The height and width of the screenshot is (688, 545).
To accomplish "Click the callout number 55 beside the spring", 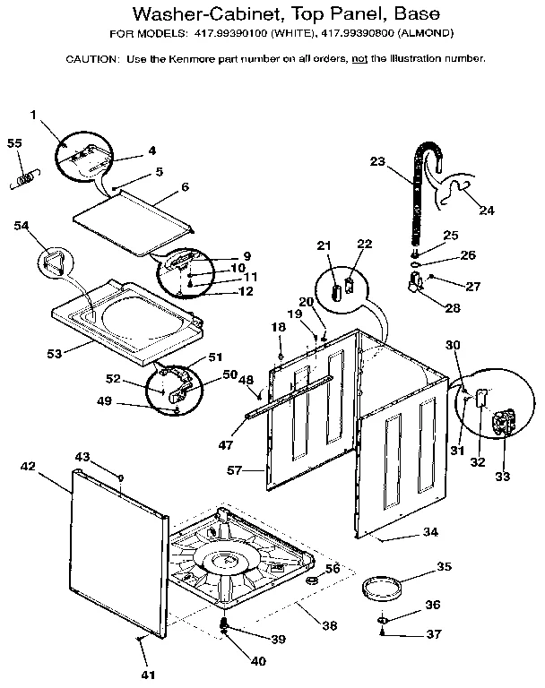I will tap(14, 143).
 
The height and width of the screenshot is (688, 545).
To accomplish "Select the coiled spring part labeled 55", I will tap(23, 179).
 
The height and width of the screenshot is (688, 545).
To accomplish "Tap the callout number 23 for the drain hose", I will tap(377, 161).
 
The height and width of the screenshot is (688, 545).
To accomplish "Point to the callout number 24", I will tap(487, 211).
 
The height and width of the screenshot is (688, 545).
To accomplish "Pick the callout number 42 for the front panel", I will tap(28, 466).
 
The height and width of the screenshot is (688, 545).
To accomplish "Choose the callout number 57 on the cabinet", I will tap(235, 470).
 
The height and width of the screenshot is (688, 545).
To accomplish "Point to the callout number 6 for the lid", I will tap(185, 187).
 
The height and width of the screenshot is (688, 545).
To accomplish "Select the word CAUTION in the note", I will tap(91, 58).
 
